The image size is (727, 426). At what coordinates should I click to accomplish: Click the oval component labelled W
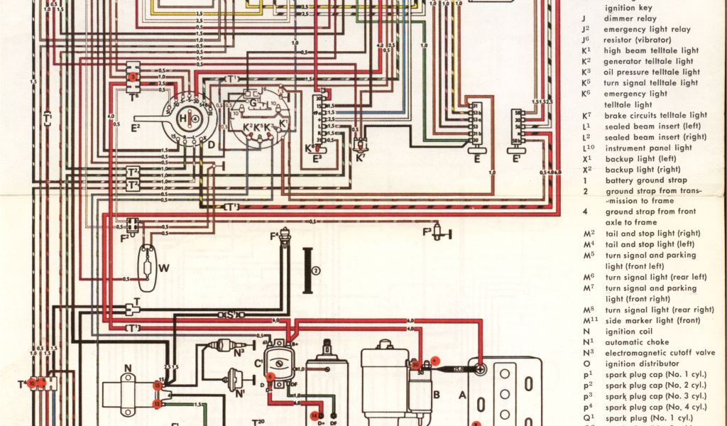[147, 268]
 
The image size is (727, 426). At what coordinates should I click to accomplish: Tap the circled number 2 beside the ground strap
[317, 270]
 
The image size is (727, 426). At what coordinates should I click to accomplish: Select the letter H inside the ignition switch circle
[182, 118]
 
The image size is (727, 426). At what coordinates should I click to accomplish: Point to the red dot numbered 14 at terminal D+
[313, 414]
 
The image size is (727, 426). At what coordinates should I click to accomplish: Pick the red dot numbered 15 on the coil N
[156, 386]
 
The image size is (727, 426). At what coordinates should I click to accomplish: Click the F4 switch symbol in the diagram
[285, 238]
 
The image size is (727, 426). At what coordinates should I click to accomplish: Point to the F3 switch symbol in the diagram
[439, 230]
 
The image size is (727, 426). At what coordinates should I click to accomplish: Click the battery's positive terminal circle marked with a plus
[481, 369]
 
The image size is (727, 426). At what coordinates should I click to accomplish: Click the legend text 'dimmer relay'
[630, 18]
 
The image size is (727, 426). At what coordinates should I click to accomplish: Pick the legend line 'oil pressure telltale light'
[652, 72]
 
